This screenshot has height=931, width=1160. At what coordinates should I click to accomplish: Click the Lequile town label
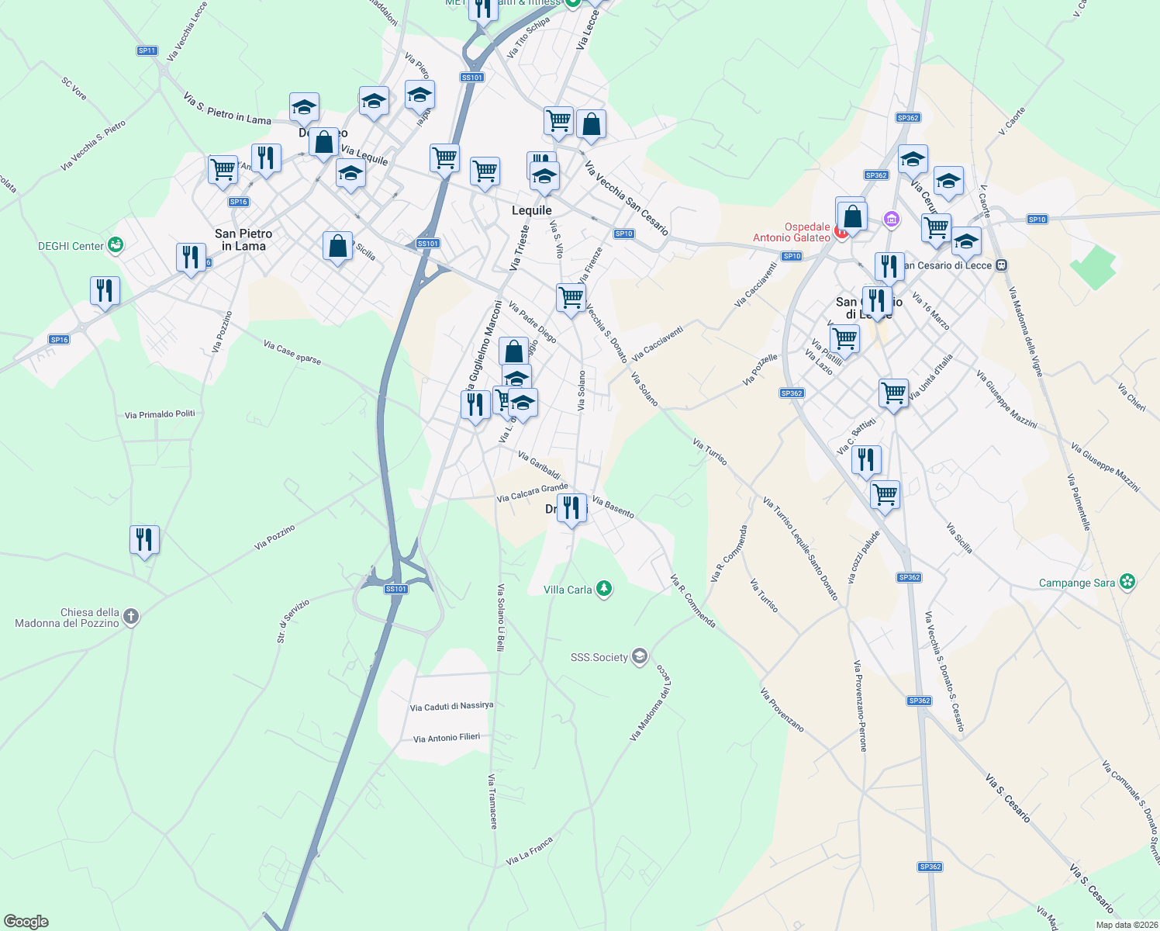[532, 210]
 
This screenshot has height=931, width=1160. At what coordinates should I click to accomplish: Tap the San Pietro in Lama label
[243, 240]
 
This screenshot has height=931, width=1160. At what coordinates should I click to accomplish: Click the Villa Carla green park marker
[604, 590]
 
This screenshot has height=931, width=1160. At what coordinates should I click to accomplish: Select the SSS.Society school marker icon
[640, 657]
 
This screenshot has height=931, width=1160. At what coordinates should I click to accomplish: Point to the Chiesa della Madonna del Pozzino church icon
[131, 618]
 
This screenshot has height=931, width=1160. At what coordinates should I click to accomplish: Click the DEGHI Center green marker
[116, 246]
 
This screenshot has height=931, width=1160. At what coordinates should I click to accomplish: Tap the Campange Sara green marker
[1128, 583]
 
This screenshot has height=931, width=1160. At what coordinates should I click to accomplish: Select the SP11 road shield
[147, 50]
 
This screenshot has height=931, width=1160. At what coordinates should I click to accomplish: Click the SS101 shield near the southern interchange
[395, 589]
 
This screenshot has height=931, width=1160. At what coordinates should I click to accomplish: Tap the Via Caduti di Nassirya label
[451, 707]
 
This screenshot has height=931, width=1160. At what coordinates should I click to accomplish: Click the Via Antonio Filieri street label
[447, 738]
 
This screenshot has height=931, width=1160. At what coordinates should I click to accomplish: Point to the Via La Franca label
[530, 851]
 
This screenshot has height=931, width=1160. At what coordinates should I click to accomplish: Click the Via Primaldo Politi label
[160, 414]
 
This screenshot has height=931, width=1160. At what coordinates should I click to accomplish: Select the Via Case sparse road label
[292, 352]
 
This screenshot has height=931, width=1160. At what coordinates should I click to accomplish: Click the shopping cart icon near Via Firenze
[571, 297]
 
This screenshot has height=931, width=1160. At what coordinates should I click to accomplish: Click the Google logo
[26, 922]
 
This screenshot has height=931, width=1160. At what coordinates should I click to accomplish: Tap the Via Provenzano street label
[782, 710]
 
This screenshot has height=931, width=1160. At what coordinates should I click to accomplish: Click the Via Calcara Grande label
[532, 493]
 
